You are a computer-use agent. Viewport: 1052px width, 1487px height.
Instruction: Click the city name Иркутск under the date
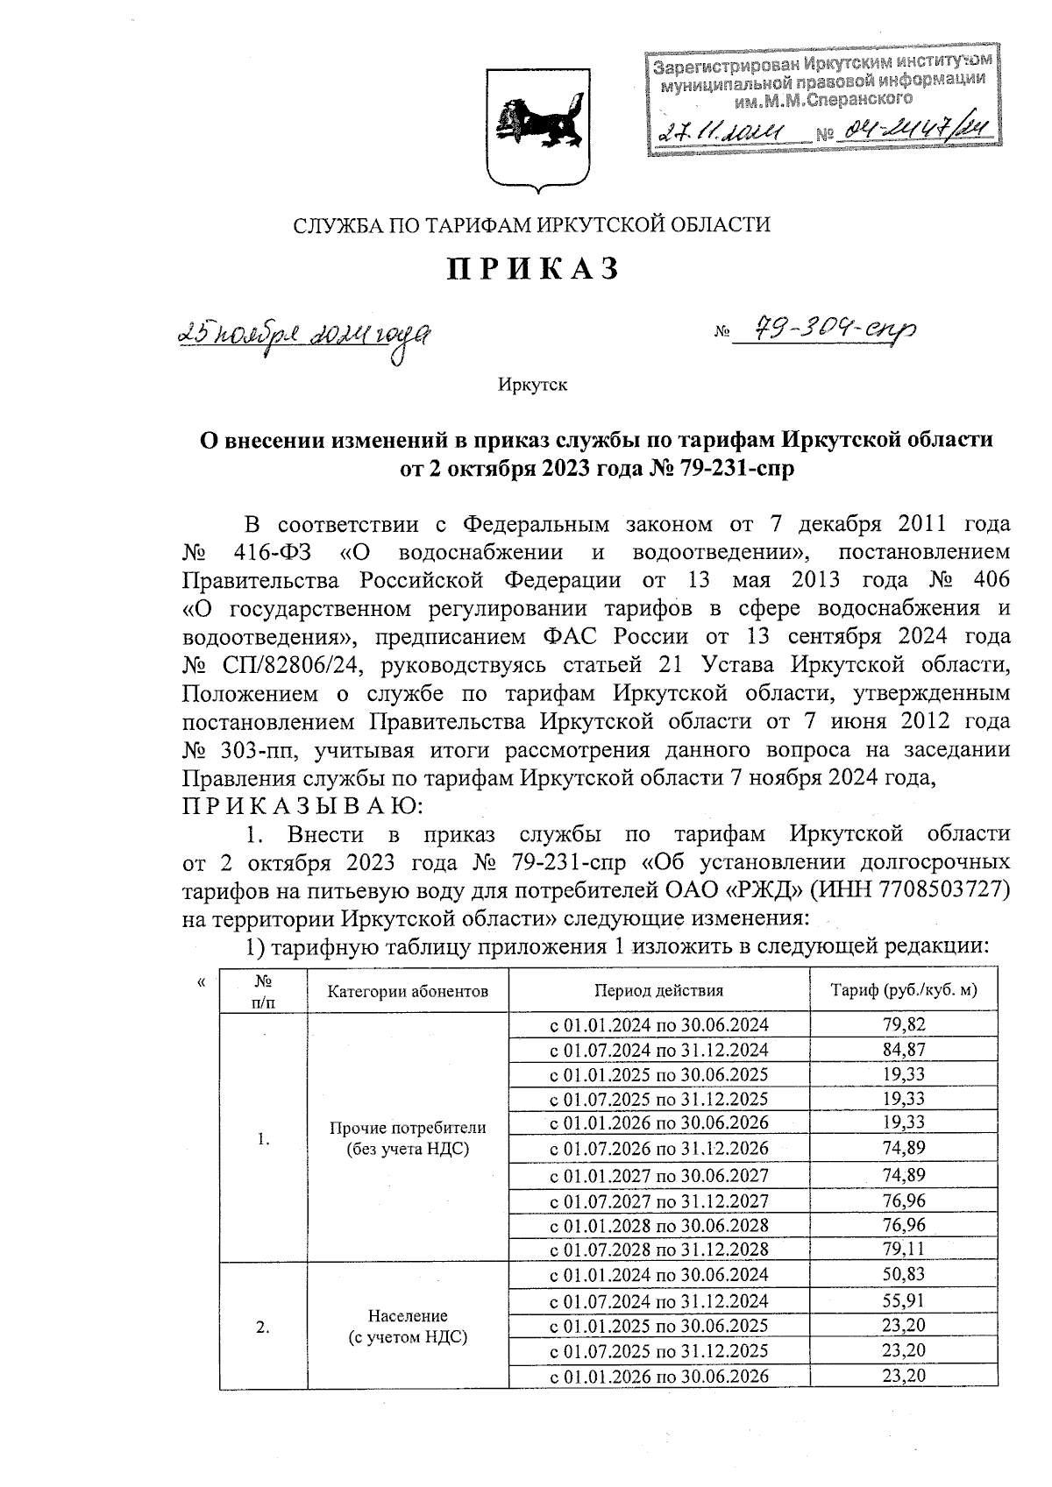click(532, 385)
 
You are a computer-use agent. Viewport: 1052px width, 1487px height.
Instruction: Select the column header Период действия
click(658, 991)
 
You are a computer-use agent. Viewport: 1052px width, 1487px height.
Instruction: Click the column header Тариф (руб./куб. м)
click(903, 991)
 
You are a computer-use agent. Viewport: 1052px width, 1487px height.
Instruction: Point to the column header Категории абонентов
click(407, 991)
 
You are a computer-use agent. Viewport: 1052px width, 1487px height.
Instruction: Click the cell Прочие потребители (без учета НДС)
click(407, 1137)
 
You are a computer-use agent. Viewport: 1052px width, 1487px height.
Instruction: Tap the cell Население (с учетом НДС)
click(407, 1327)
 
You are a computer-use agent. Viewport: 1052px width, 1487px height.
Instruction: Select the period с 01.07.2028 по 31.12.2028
click(658, 1249)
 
